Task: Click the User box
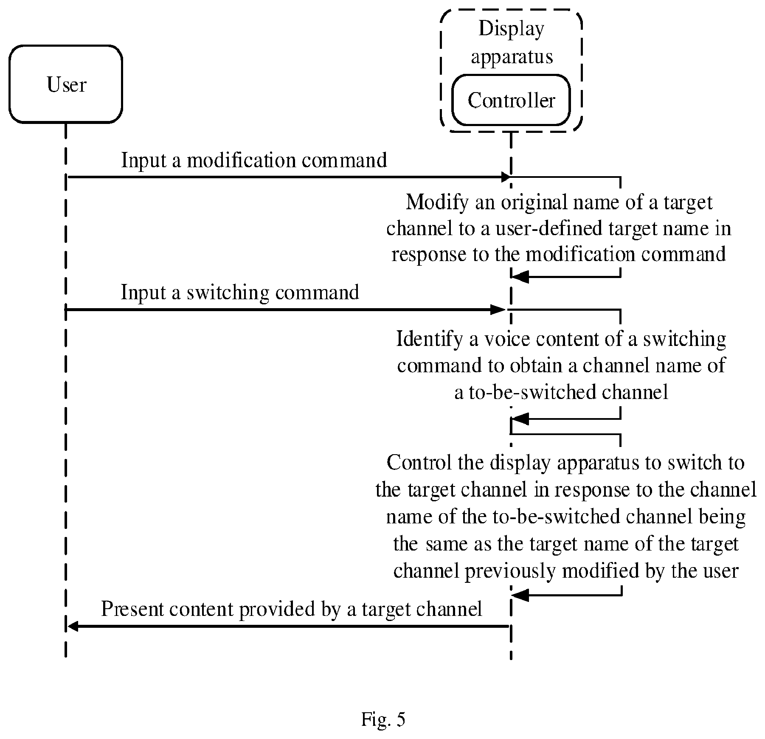(x=66, y=84)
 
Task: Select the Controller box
(x=511, y=100)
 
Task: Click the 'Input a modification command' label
(x=254, y=161)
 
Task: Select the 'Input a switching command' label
(x=240, y=293)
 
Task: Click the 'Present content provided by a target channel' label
(x=291, y=610)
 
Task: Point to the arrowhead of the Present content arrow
(x=73, y=626)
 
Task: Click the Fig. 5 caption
(x=383, y=719)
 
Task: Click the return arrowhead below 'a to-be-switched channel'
(x=520, y=419)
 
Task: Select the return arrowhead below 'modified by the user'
(x=520, y=595)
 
